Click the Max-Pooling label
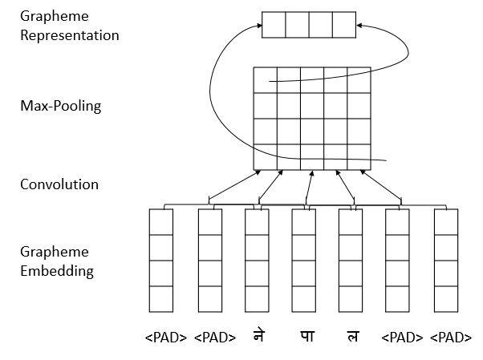(x=61, y=106)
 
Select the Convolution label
(x=59, y=184)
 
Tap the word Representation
(x=70, y=36)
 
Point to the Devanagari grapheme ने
(x=257, y=338)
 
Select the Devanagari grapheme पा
(x=304, y=338)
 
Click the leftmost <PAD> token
(x=166, y=338)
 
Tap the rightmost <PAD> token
(x=450, y=338)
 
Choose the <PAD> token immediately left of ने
(x=214, y=338)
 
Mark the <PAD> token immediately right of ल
(x=402, y=338)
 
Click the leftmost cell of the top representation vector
(x=274, y=25)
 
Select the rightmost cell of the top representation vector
(x=344, y=25)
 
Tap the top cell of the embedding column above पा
(x=303, y=221)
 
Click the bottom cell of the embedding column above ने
(x=257, y=298)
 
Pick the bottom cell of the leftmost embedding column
(x=161, y=298)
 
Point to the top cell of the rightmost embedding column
(x=445, y=221)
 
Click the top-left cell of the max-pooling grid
(x=266, y=80)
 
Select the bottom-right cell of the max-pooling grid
(x=359, y=156)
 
